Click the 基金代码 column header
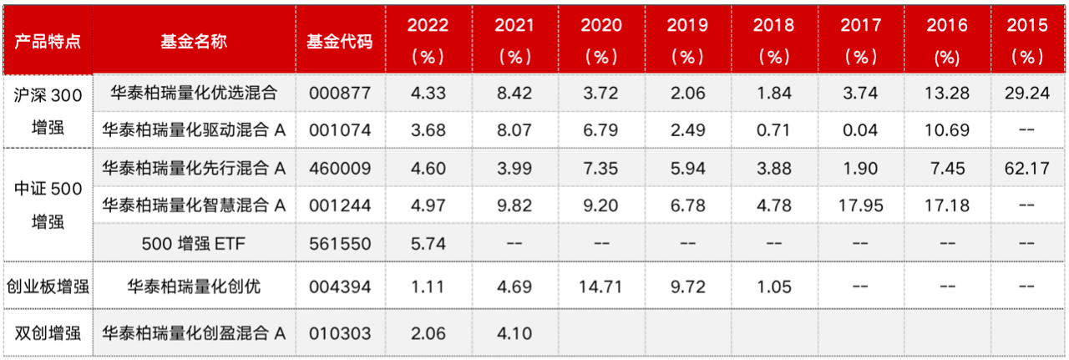coord(339,41)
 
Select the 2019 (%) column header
coord(687,41)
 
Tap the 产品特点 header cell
coord(47,41)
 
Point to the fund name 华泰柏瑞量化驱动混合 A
coord(194,129)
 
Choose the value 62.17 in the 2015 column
coord(1026,168)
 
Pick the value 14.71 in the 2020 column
coord(601,286)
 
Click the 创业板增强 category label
coord(47,286)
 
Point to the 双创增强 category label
coord(47,332)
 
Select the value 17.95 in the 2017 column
coord(860,205)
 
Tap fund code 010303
coord(339,332)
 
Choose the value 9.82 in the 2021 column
coord(514,205)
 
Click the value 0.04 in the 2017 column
coord(860,129)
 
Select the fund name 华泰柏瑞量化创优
coord(194,286)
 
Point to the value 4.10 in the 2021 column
coord(514,332)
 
